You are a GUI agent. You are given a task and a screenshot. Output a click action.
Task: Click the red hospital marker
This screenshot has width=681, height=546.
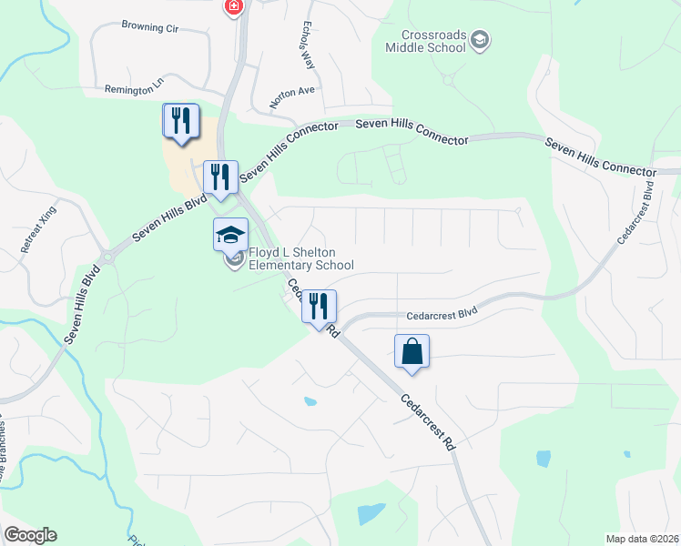235,6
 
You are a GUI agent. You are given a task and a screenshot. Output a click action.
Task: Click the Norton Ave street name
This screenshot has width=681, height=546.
291,92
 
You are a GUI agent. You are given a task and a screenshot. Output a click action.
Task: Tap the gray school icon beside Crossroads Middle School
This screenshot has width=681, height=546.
481,40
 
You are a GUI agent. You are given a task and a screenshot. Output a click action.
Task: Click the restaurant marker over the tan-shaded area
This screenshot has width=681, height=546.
180,121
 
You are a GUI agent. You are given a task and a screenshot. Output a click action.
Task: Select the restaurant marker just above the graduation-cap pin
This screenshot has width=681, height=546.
219,177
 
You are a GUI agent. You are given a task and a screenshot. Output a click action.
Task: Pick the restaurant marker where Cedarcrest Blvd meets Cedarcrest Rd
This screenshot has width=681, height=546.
319,306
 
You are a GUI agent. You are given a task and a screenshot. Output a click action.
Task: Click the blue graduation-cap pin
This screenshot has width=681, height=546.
230,235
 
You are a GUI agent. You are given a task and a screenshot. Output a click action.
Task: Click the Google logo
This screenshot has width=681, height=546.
30,535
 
